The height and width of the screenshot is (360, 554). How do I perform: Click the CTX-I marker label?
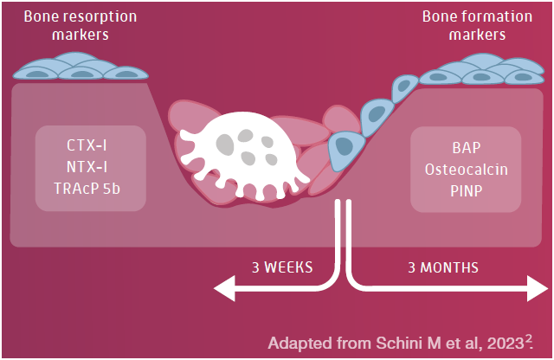coord(87,145)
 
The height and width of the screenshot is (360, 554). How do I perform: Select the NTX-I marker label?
coord(87,167)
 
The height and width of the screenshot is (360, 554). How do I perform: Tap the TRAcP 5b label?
coord(87,189)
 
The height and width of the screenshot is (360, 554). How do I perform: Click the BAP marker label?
coord(467,148)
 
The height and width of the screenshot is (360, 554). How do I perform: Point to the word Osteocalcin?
coord(467,170)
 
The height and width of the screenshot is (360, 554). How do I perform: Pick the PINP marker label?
coord(467,190)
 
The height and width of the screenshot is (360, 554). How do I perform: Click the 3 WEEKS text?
coord(282,267)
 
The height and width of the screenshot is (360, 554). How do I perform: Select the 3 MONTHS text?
coord(443,267)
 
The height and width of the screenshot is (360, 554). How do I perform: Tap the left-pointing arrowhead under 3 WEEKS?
coord(224,288)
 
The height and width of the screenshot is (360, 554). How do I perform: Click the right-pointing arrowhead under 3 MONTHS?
coord(538,288)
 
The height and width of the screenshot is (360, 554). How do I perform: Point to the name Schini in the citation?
coord(400,343)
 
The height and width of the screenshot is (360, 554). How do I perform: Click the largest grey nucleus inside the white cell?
coord(225,145)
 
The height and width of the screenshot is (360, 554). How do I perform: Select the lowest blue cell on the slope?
coord(345,151)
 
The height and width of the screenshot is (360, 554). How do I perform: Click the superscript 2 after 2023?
coord(528,338)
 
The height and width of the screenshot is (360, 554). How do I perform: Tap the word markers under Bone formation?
coord(477,35)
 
